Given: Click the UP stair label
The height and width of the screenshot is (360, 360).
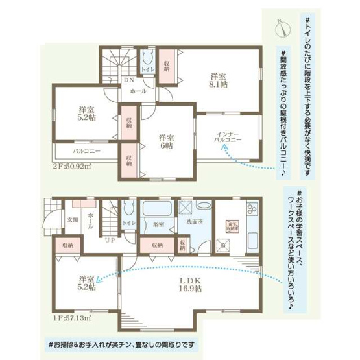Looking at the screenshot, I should (x=110, y=240).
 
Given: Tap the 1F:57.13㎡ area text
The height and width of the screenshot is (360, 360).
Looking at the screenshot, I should (x=72, y=319).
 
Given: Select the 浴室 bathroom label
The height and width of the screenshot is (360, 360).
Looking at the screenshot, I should (x=159, y=224).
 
